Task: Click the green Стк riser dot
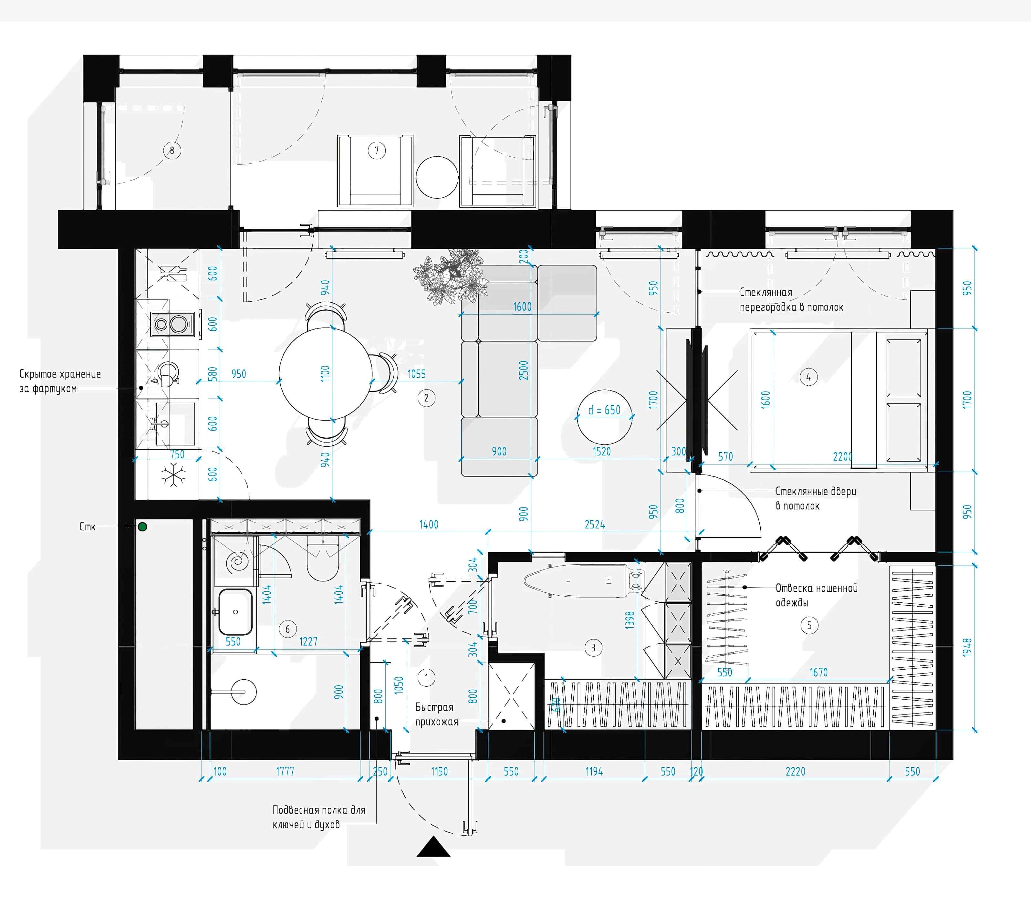pos(142,526)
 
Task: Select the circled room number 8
pos(172,150)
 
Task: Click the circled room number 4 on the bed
pos(808,377)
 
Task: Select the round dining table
pos(326,374)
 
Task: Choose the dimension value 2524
pos(595,525)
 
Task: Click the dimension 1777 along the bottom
pos(285,771)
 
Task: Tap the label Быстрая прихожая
pos(436,714)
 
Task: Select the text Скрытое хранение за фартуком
pos(60,381)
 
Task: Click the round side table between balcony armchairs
pos(437,177)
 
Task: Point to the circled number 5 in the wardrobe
pos(809,626)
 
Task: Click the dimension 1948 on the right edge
pos(967,647)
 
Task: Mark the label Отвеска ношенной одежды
pos(816,595)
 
